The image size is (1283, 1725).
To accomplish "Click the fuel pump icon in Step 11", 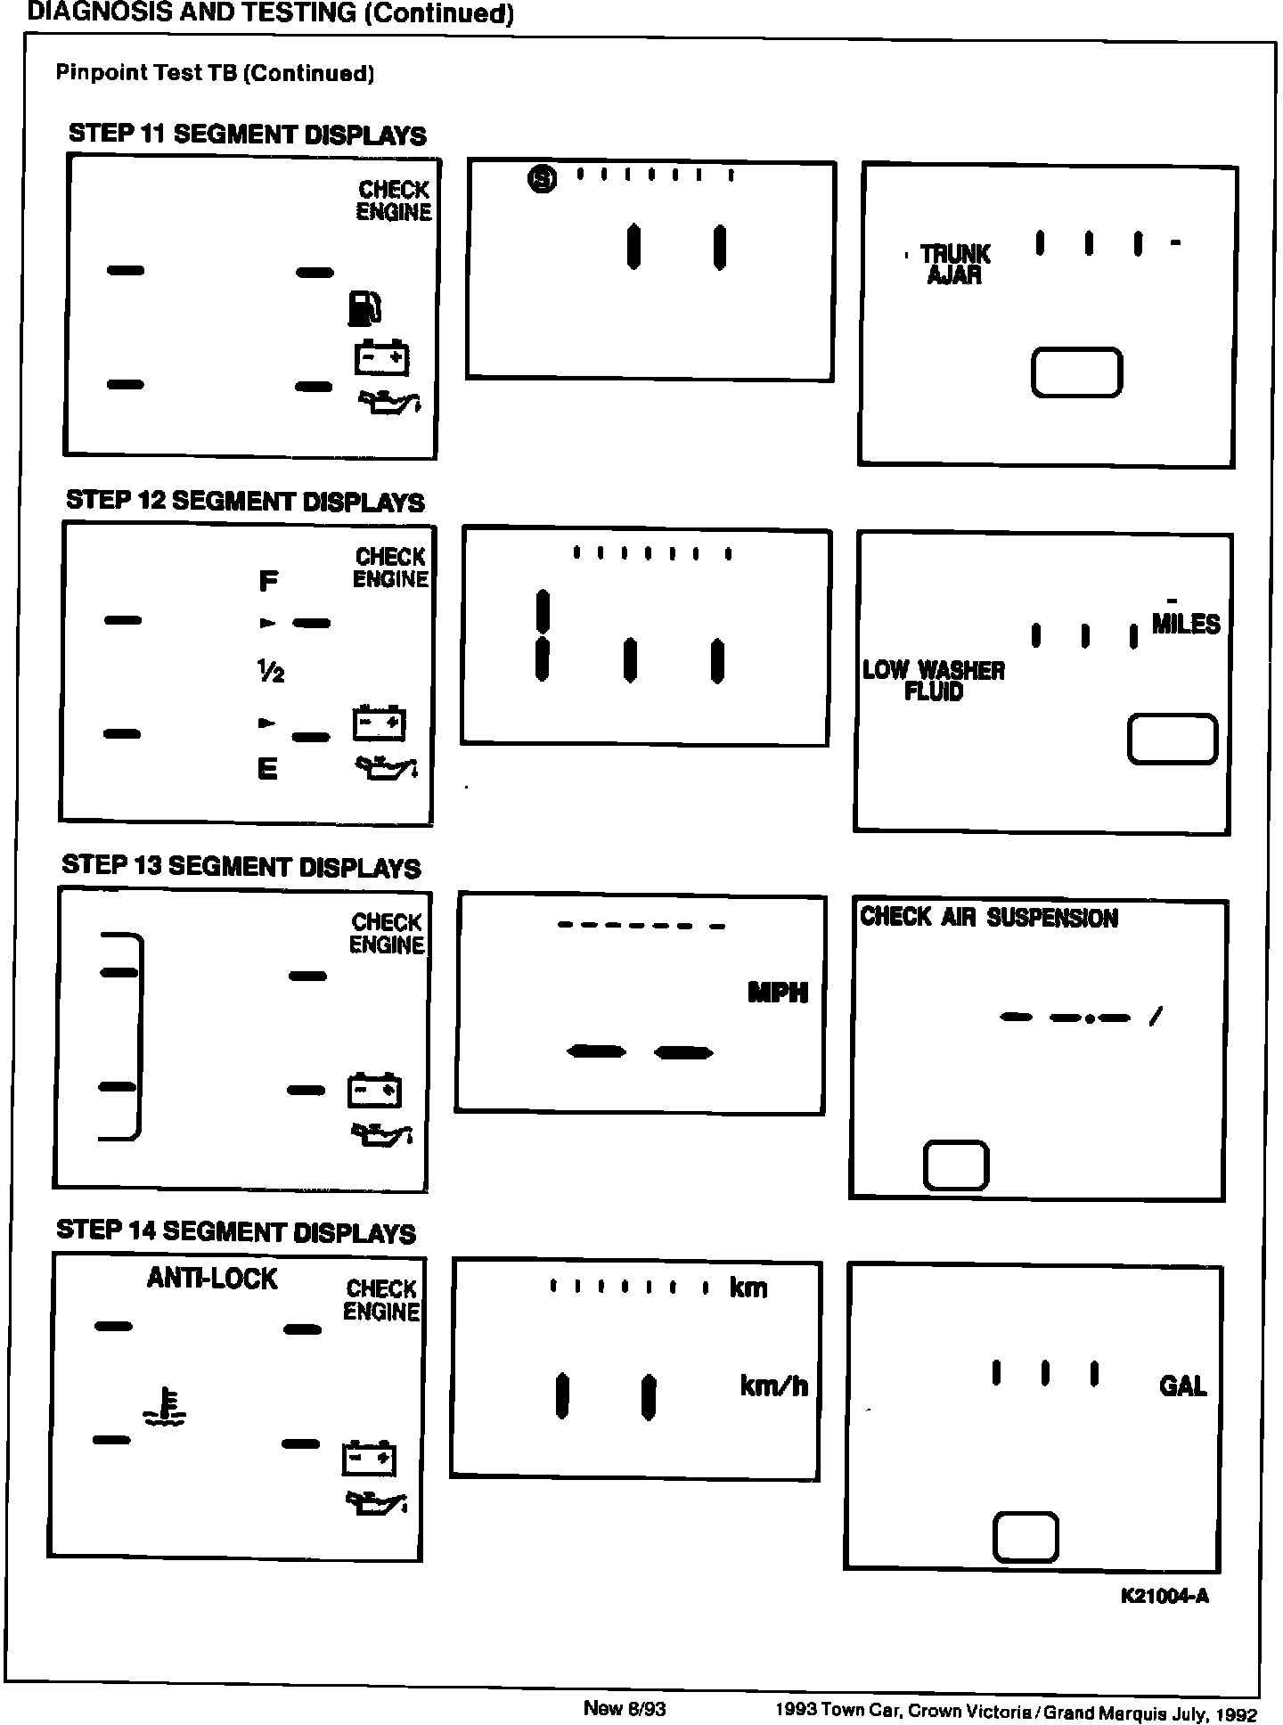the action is coord(364,308).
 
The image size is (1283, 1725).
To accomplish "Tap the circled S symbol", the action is coord(542,180).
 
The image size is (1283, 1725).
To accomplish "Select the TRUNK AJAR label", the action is coord(954,265).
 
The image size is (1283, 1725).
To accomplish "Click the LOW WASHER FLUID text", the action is coord(934,681).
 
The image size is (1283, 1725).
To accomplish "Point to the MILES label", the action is coord(1185,624).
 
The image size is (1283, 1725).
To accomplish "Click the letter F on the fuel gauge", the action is coord(268,582).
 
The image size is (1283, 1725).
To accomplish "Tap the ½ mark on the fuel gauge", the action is coord(270,673).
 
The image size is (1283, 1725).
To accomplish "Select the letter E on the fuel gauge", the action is coord(267,768).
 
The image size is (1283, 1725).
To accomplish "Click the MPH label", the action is coord(778,993).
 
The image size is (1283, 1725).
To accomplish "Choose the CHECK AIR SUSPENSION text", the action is coord(988,918).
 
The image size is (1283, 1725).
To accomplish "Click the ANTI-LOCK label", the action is coord(212,1279).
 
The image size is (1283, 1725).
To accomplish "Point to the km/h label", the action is coord(773,1386).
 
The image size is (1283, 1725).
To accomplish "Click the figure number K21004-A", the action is coord(1165,1596).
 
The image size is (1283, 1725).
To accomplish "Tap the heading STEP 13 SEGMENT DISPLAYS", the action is coord(241,866).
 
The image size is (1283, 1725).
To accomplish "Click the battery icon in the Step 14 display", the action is coord(369,1458).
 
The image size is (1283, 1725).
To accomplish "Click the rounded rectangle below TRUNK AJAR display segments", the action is coord(1076,372).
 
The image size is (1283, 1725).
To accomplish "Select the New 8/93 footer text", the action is coord(624,1708).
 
